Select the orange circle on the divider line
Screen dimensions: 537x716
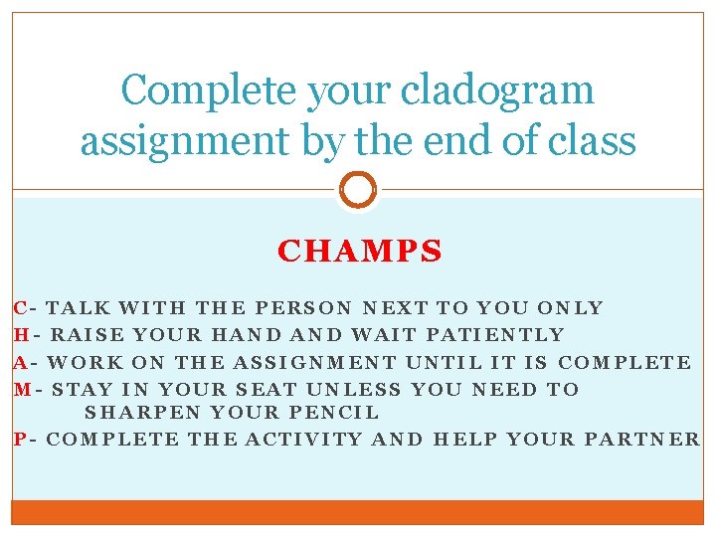[358, 189]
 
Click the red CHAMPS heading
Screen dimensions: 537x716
[359, 252]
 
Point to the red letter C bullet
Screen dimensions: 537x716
[20, 308]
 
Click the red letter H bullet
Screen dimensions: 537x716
[20, 335]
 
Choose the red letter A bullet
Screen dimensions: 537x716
[20, 362]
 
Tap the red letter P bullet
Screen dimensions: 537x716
[20, 439]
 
